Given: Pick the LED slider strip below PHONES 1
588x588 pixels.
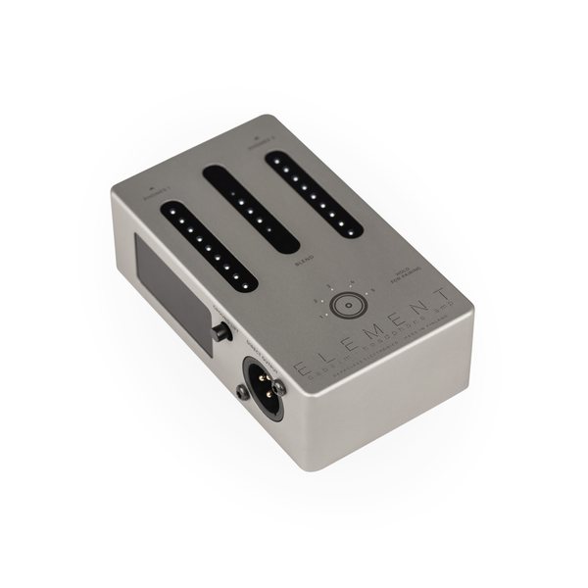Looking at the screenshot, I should pos(208,247).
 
